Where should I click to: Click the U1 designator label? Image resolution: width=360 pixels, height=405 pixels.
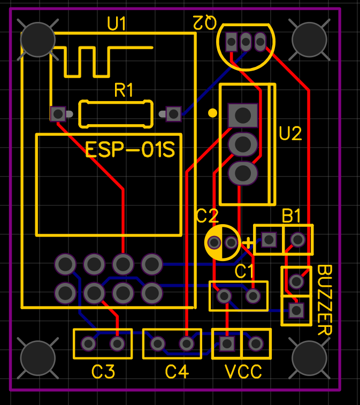click(117, 24)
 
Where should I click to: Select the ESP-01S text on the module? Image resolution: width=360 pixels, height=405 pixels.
click(131, 150)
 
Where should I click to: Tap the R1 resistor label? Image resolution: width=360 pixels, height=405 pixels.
click(124, 90)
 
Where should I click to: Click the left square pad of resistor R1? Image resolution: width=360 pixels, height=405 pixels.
click(57, 113)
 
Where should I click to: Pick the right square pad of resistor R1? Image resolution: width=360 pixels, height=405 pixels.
click(173, 113)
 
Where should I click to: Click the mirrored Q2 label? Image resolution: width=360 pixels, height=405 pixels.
click(204, 22)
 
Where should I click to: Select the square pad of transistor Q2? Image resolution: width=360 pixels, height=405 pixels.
click(232, 42)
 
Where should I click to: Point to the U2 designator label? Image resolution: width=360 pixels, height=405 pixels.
click(290, 134)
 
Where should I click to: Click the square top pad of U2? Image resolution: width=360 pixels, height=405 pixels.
click(242, 114)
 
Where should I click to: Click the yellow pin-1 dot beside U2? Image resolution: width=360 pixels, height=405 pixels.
click(212, 113)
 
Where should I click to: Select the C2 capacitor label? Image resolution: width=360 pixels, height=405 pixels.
click(207, 216)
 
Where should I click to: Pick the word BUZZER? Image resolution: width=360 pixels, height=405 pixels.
click(325, 300)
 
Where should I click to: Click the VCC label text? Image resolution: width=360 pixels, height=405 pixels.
click(243, 371)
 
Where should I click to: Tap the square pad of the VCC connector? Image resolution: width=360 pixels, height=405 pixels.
click(227, 343)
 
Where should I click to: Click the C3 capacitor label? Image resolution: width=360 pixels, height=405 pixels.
click(103, 371)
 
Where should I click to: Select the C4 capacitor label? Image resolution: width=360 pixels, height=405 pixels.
click(177, 371)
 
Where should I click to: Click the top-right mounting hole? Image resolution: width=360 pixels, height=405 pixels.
click(308, 39)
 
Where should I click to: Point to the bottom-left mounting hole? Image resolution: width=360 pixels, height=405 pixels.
click(37, 358)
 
